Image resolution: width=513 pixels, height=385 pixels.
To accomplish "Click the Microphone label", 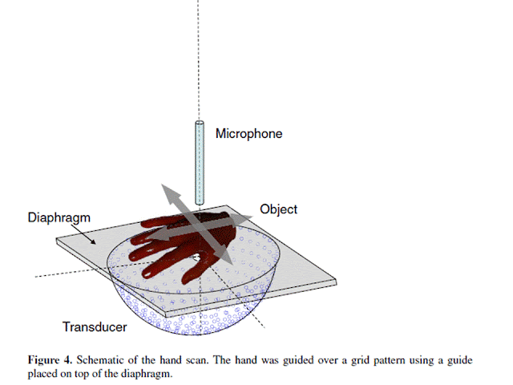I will tap(248, 134).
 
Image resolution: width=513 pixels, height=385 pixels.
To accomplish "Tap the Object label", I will tap(278, 209).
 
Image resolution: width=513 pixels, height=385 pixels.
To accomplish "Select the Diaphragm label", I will tap(56, 217).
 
